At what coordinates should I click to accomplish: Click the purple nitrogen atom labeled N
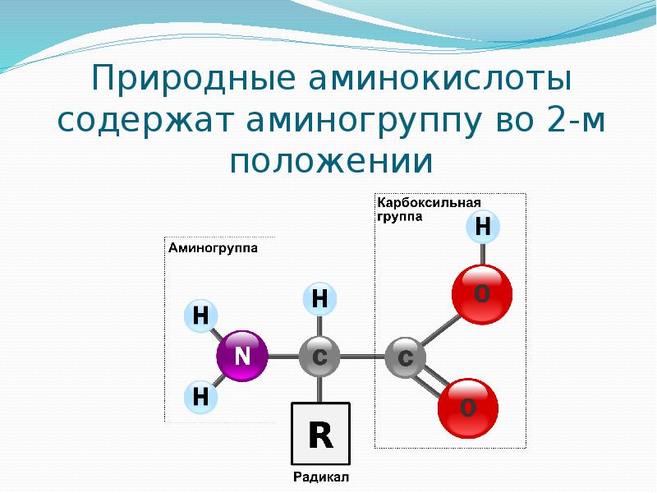[x=242, y=357]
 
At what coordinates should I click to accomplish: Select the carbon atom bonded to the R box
[x=320, y=357]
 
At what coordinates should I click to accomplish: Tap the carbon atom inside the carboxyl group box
[x=405, y=358]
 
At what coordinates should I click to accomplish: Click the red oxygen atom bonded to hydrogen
[x=482, y=293]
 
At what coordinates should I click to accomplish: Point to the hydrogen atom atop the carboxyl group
[x=483, y=227]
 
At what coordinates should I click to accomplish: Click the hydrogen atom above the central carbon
[x=320, y=299]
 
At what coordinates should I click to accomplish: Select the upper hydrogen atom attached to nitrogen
[x=200, y=316]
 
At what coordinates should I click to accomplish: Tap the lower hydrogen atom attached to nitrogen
[x=200, y=398]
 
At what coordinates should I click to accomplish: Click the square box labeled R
[x=320, y=434]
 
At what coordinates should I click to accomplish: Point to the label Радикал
[x=321, y=477]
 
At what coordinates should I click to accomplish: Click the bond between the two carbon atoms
[x=362, y=357]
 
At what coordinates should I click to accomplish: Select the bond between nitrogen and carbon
[x=282, y=357]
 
